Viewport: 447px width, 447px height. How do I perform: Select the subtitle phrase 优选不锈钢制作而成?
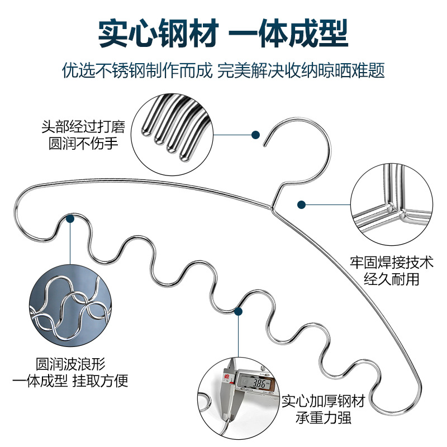tap(137, 72)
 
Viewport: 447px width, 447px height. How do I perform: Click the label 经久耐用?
tap(391, 279)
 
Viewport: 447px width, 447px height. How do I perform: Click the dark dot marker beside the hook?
tap(255, 135)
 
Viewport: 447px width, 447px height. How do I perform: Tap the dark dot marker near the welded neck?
tap(302, 205)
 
